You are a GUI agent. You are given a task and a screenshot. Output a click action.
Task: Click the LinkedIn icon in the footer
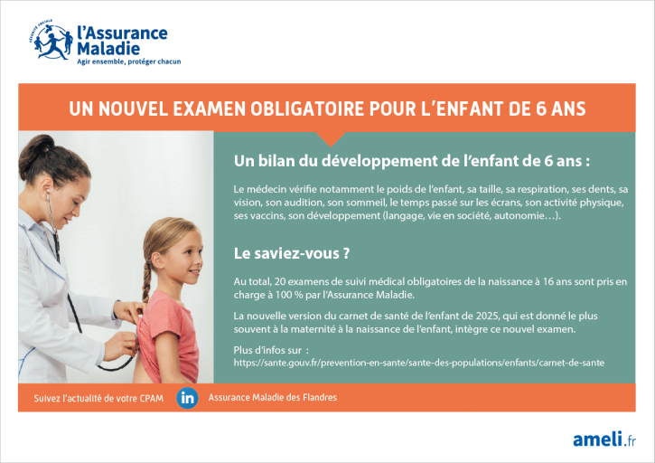coord(187,398)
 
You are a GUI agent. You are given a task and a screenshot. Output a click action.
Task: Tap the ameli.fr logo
coord(604,439)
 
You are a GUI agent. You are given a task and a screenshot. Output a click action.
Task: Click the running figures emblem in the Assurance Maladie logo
coord(51,40)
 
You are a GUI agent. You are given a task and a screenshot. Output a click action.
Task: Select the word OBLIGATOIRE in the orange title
coord(307,109)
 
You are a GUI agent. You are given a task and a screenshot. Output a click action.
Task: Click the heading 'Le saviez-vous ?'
coord(292,253)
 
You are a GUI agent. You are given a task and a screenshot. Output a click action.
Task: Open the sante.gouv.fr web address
coord(418,363)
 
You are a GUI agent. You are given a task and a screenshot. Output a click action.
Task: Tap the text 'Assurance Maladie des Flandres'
coord(272,397)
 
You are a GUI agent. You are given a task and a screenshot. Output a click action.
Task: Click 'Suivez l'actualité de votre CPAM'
coord(98,398)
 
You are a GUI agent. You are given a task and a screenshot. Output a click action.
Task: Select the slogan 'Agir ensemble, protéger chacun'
coord(128,61)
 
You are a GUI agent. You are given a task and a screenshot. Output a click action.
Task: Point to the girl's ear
coord(158,260)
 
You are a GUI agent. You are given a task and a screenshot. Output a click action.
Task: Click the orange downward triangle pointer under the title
coord(331,138)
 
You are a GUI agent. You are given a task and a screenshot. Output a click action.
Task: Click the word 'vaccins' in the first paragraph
coord(267,216)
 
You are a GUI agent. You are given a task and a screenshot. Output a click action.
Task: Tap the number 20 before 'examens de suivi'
coord(280,281)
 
